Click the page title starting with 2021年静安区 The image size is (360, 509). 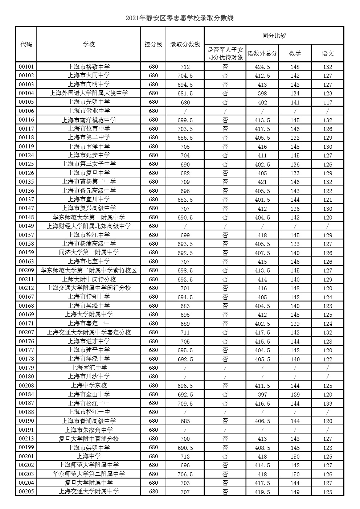[180, 18]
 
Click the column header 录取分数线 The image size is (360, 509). [185, 44]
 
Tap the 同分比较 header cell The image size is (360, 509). [274, 36]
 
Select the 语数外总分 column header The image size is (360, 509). [262, 53]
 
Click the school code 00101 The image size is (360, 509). [26, 67]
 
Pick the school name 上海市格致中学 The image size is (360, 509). [89, 67]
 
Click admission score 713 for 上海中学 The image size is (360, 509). [185, 456]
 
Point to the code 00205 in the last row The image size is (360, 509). [26, 492]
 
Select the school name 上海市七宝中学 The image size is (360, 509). [89, 261]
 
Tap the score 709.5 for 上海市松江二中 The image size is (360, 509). [185, 403]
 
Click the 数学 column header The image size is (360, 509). [295, 53]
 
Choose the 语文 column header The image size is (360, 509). [327, 53]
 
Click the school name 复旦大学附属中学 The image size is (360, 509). [89, 483]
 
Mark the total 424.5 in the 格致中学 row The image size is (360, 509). [262, 67]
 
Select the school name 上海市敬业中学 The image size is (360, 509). [89, 111]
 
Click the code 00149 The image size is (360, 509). [26, 226]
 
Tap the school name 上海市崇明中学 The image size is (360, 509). [89, 448]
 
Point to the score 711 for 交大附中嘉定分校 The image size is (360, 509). [185, 332]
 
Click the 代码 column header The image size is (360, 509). [26, 44]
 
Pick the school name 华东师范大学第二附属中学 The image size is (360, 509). [89, 474]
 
